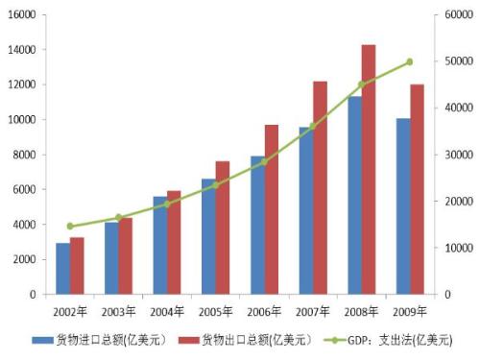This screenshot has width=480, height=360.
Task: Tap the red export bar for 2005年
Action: (x=223, y=228)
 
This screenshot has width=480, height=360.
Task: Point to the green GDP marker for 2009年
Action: (x=410, y=61)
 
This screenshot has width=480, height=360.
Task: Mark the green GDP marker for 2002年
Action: (x=70, y=227)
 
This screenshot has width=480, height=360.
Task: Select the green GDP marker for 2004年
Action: (x=167, y=204)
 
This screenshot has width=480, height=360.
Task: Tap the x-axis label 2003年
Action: (x=118, y=311)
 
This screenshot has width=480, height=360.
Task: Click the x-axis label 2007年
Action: (x=313, y=311)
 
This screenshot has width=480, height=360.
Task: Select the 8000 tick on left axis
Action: (x=24, y=155)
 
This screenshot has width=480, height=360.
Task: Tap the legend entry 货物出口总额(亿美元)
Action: (x=253, y=340)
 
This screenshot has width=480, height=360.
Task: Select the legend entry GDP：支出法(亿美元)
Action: (x=396, y=340)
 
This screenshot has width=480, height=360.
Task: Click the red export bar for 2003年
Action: (x=126, y=256)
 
